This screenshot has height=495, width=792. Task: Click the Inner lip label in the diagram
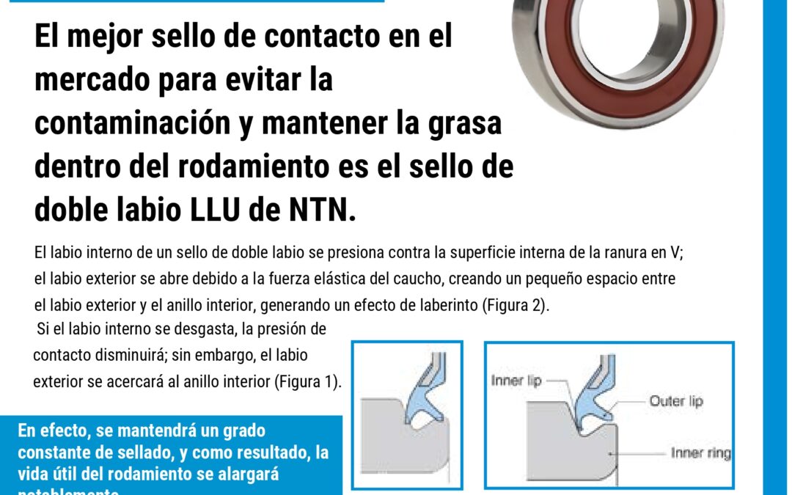point(517,381)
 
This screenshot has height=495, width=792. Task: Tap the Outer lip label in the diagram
point(676,401)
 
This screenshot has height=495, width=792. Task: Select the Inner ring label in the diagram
point(700,453)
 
